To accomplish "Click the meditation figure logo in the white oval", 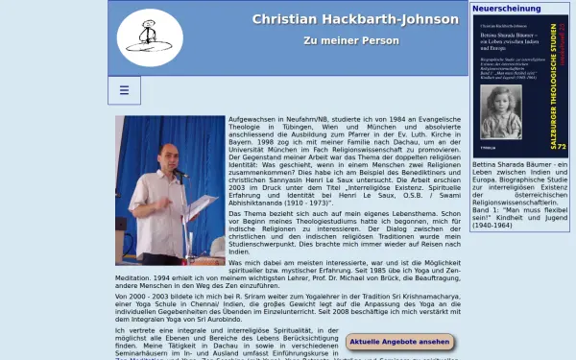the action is pyautogui.click(x=150, y=37).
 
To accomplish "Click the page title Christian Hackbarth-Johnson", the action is pyautogui.click(x=353, y=19).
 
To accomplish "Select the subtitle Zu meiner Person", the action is pyautogui.click(x=353, y=42).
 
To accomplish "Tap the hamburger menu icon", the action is pyautogui.click(x=124, y=91).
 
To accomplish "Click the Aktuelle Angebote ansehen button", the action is pyautogui.click(x=398, y=342).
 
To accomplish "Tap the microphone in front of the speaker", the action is pyautogui.click(x=179, y=173).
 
